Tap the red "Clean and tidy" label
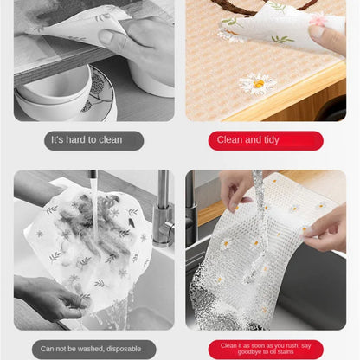(x=266, y=140)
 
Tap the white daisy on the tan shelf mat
(x=258, y=84)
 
